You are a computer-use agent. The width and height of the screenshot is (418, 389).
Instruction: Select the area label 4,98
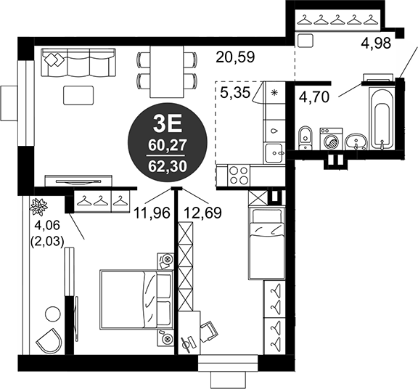click(x=375, y=43)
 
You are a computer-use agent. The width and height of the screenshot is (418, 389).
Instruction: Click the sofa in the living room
click(x=79, y=63)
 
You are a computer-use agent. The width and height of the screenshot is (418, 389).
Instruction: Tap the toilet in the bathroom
click(x=306, y=136)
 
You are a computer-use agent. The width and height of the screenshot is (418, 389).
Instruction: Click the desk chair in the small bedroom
click(x=208, y=330)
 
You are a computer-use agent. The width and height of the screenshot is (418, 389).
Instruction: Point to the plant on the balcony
click(x=38, y=207)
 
